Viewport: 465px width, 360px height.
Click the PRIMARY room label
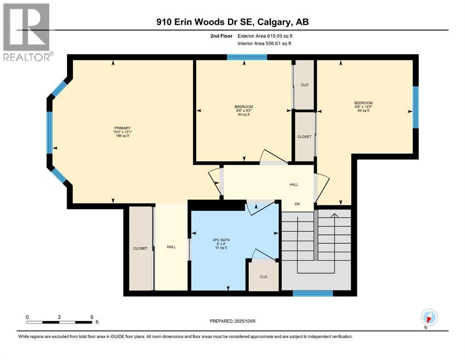coord(123,128)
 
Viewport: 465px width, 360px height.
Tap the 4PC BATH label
coord(221,240)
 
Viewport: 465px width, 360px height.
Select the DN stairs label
coord(297,204)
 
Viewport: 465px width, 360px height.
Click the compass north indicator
coord(429,318)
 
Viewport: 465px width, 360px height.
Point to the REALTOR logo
coord(28,32)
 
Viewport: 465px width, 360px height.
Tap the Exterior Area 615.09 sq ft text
coord(265,36)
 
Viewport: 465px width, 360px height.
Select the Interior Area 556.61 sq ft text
coord(264,43)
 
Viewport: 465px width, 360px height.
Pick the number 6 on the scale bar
coord(92,317)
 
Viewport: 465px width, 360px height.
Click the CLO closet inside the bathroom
coord(264,277)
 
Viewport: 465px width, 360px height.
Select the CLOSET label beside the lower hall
coord(140,248)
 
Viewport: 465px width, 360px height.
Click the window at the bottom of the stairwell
coord(313,293)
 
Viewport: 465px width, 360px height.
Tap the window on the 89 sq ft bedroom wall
coord(416,107)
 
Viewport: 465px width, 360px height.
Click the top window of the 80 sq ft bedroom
coord(247,57)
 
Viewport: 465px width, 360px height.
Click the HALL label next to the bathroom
coord(171,247)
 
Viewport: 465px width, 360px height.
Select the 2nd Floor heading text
coord(221,36)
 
